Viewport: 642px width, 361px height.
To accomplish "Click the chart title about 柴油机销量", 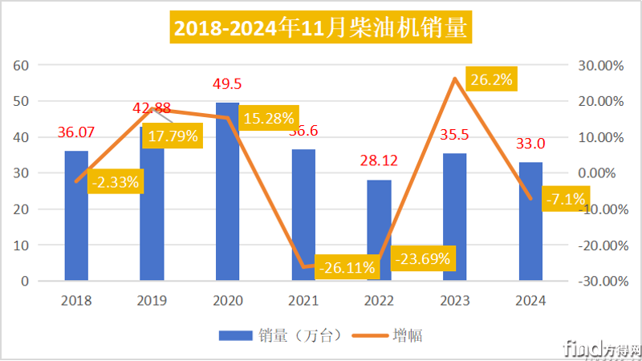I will coord(321,29).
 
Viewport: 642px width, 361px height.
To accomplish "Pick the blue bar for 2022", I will coord(380,233).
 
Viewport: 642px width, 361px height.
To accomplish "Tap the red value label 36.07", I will coord(77,132).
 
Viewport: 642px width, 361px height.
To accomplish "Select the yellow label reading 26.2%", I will coord(490,80).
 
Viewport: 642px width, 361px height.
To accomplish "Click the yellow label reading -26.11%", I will coord(346,267).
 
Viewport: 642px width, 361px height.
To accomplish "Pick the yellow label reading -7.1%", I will coord(566,197).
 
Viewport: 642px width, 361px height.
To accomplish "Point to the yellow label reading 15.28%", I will coord(269,118).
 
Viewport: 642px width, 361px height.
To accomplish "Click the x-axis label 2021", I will coord(303,301).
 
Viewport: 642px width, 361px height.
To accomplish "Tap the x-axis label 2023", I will coord(455,301).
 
